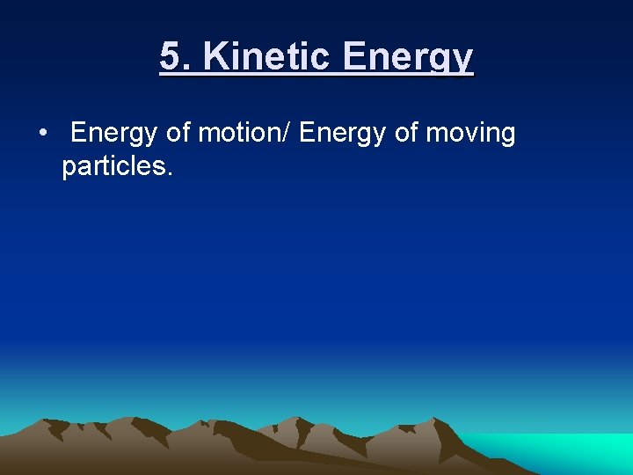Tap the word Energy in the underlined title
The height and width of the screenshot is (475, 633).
(x=409, y=59)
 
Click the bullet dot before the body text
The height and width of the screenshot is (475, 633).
(x=42, y=134)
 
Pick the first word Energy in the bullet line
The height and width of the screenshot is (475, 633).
(x=114, y=134)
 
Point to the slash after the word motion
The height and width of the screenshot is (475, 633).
(x=293, y=134)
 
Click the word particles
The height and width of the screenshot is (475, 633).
(x=111, y=166)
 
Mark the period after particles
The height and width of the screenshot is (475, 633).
(x=168, y=173)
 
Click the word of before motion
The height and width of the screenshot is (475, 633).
(x=178, y=134)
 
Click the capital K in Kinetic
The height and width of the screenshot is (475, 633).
(x=215, y=57)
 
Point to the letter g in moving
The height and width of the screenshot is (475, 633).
(x=506, y=137)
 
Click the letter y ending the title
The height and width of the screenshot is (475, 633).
(x=464, y=61)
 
